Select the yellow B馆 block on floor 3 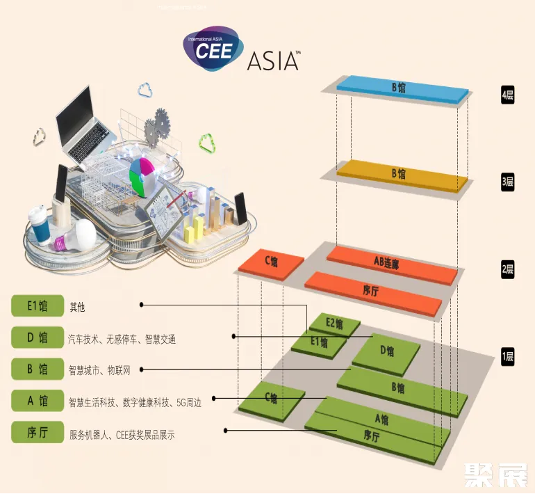(x=401, y=174)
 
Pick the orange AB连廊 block (x=392, y=263)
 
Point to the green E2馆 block (x=335, y=324)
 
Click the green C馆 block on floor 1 (x=271, y=398)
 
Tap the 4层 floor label (x=507, y=96)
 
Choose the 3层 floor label (x=507, y=182)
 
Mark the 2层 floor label (x=507, y=270)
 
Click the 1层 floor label (x=507, y=358)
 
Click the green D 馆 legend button (x=38, y=337)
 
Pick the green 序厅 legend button (x=38, y=432)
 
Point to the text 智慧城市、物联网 (x=99, y=369)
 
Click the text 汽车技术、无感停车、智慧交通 (x=122, y=340)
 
